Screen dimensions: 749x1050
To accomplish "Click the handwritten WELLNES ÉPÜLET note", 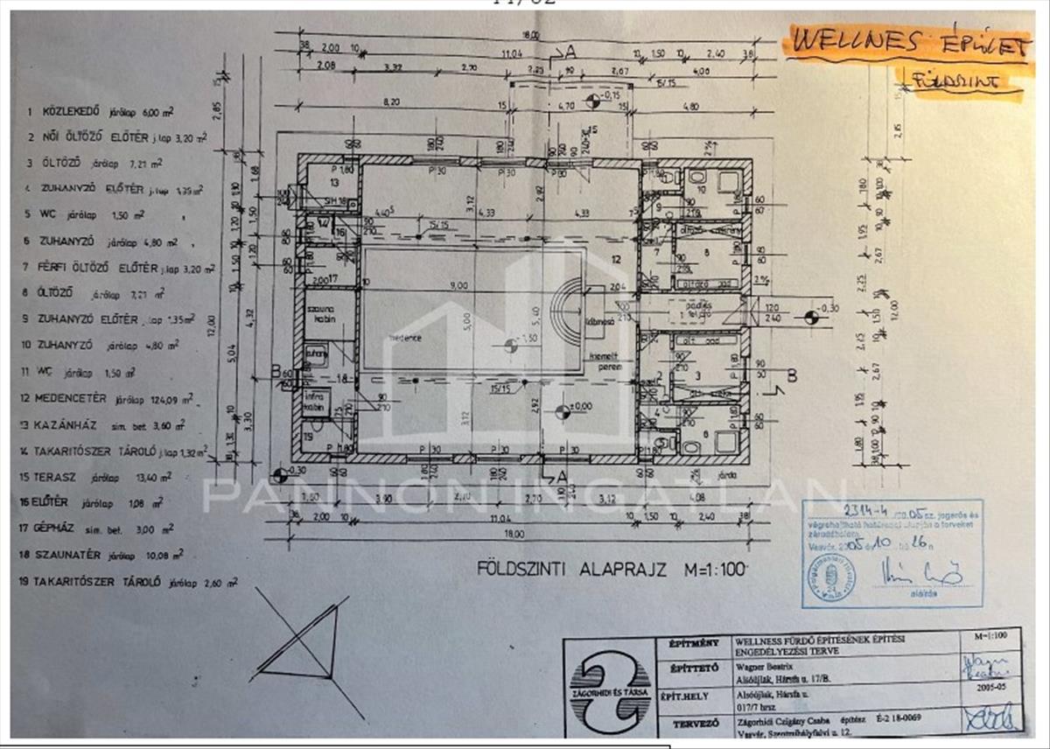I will point(906,45).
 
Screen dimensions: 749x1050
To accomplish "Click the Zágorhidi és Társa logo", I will point(610,689).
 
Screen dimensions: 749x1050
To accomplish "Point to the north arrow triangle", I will point(302,643).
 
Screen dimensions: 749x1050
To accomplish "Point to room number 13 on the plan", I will point(334,183).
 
